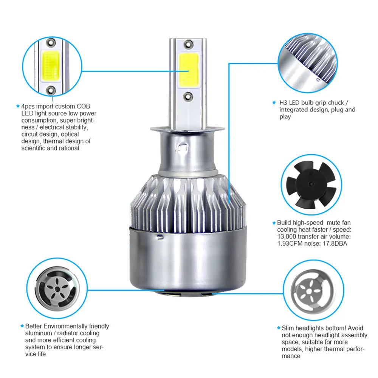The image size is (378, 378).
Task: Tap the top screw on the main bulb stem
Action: (188, 44)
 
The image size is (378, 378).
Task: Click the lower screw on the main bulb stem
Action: (188, 96)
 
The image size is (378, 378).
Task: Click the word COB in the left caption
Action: (83, 106)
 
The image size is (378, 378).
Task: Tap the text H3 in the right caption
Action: (283, 103)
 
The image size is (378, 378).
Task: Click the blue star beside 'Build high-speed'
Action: (274, 223)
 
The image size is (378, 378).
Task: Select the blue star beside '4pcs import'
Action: (18, 106)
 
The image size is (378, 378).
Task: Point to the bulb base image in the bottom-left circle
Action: (57, 288)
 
